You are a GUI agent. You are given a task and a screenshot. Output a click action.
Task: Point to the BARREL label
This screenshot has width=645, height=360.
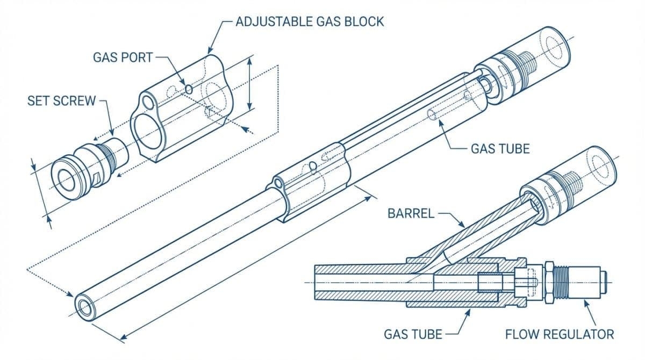[x=410, y=213]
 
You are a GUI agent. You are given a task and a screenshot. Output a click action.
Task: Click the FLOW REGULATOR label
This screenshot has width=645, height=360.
[x=559, y=334]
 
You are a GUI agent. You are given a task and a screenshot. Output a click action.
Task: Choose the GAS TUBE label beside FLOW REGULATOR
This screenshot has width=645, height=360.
[x=413, y=334]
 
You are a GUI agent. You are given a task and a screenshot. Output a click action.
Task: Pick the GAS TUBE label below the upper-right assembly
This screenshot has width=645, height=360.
[x=500, y=148]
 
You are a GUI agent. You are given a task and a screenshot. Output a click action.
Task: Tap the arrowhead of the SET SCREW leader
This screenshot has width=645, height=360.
[x=112, y=135]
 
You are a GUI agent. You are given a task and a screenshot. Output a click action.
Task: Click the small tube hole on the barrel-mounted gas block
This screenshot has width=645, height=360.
[x=277, y=184]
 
